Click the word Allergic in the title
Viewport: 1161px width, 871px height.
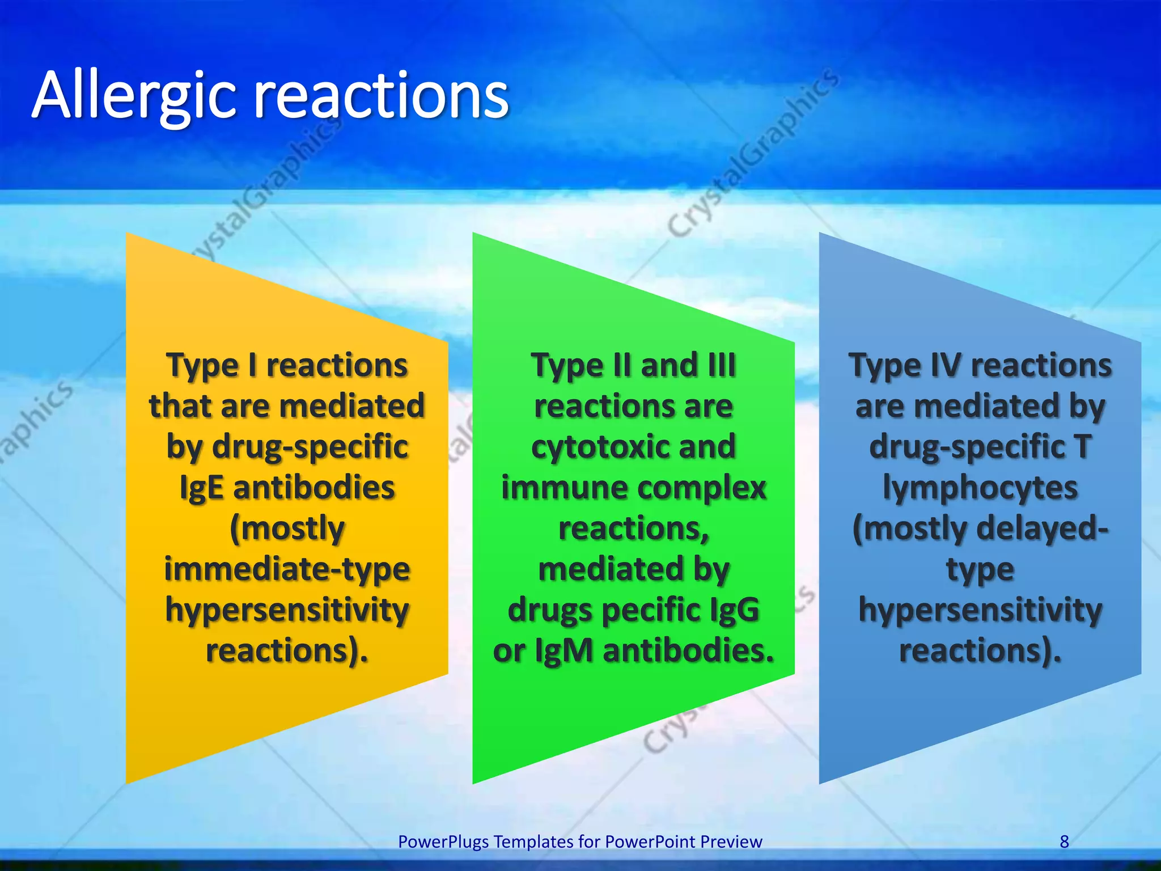[x=133, y=96]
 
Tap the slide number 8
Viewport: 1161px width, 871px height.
[x=1064, y=842]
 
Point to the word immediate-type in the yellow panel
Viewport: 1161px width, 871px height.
[x=287, y=569]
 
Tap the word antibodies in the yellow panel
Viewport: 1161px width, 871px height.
[x=313, y=488]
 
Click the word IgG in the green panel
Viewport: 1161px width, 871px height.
[x=734, y=610]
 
